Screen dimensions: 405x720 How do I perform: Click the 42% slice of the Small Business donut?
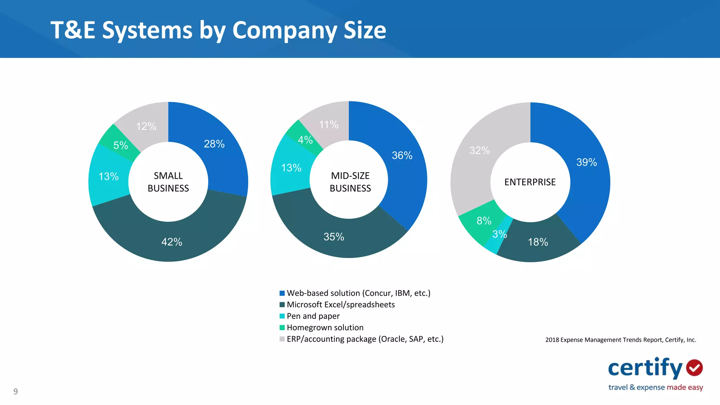point(172,242)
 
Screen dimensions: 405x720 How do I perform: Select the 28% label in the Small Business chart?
point(214,144)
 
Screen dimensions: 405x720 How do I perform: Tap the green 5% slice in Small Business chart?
point(120,145)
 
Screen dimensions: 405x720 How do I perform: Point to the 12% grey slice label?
point(146,126)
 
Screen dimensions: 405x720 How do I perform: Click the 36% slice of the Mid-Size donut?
point(402,155)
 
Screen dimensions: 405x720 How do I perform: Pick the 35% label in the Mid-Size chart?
point(334,237)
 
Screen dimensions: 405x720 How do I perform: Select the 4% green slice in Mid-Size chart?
point(304,140)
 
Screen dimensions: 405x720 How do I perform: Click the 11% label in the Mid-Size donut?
point(328,124)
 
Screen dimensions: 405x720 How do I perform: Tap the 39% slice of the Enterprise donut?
point(586,162)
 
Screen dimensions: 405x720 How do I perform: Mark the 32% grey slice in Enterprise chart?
point(479,150)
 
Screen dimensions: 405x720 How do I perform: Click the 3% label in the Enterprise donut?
point(499,234)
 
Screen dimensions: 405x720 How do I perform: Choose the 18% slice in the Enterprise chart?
point(538,242)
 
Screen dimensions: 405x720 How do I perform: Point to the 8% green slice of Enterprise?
point(483,221)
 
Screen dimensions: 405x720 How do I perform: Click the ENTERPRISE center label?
point(530,182)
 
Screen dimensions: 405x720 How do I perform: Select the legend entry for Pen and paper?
point(313,316)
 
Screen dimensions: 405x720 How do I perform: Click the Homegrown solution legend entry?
point(325,328)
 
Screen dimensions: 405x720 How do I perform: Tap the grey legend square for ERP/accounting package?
point(282,339)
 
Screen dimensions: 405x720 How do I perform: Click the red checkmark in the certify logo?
point(694,368)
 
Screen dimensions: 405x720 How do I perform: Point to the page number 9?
point(15,391)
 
